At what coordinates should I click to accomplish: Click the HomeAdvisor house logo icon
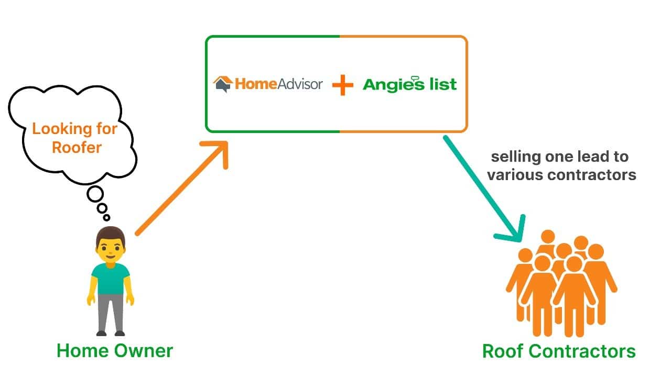tap(223, 84)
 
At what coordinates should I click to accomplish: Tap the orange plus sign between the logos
tap(343, 85)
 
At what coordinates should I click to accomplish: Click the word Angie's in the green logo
tap(394, 84)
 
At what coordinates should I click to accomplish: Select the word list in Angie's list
tap(443, 84)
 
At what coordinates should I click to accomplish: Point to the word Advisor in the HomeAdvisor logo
tap(300, 84)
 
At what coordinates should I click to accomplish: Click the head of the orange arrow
tap(218, 151)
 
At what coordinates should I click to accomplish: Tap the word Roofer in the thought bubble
tap(77, 148)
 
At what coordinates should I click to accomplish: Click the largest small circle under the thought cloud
tap(95, 194)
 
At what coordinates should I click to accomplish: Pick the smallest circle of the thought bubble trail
tap(106, 217)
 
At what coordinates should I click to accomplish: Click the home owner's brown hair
tap(111, 235)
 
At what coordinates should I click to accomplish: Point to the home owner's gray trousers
tap(111, 313)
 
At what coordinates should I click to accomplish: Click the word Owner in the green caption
tap(144, 351)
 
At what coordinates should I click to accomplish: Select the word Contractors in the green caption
tap(582, 351)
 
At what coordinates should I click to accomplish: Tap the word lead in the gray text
tap(590, 157)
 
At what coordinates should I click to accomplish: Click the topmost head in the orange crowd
tap(548, 237)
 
